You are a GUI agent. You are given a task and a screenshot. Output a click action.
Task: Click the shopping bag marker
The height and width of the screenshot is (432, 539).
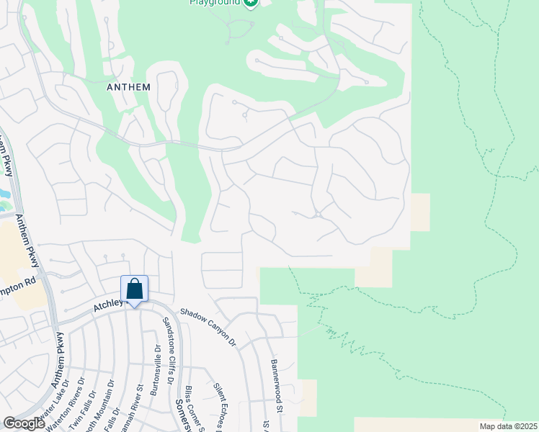(134, 289)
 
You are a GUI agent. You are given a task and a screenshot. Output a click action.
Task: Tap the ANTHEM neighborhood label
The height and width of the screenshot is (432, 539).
(128, 87)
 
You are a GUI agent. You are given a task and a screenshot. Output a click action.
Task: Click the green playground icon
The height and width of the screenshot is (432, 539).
(250, 3)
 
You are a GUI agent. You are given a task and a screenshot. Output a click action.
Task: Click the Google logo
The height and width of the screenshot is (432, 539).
(24, 423)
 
